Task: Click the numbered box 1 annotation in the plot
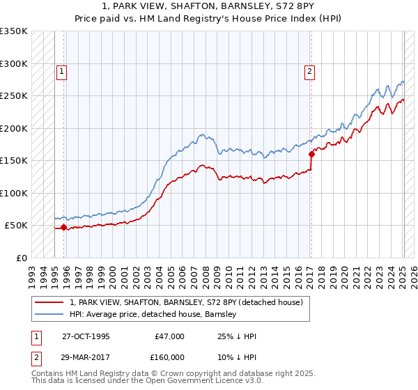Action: [61, 70]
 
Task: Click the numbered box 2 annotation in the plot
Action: [308, 70]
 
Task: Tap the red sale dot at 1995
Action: [64, 227]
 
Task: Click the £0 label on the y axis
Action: [21, 258]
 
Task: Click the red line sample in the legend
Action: [50, 303]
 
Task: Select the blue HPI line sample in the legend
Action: [50, 314]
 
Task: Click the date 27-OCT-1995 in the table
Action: [86, 336]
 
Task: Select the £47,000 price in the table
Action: [170, 336]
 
